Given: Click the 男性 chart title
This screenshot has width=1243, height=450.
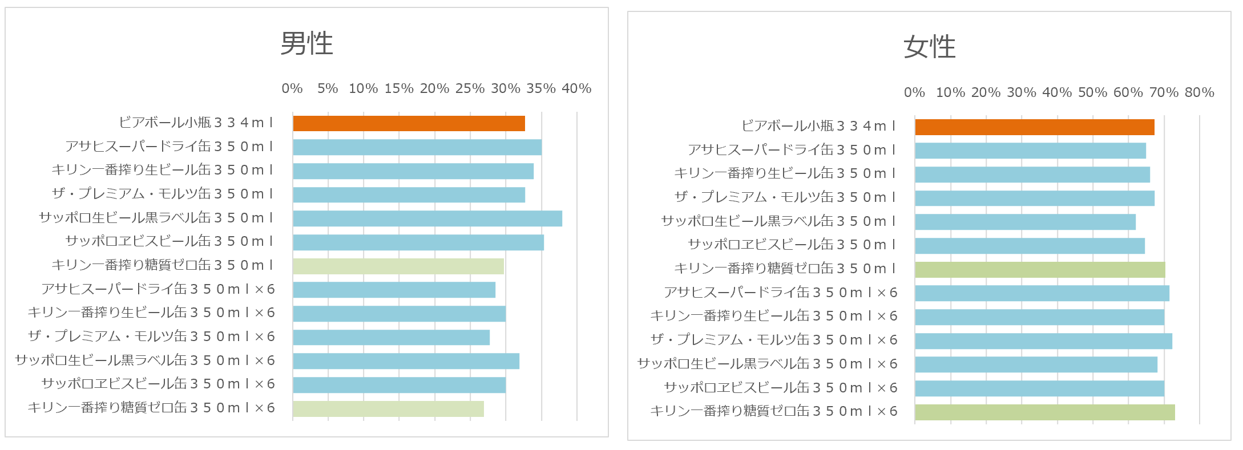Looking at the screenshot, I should (306, 43).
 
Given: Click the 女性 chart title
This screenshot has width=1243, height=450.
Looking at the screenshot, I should (929, 47).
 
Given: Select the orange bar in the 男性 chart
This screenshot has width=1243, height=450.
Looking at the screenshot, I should (409, 123).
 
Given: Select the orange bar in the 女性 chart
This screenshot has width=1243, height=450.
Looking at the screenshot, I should (1034, 127).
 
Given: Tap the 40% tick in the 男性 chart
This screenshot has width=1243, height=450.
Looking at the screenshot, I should (576, 88).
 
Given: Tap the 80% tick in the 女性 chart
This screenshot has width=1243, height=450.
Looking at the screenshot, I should (1199, 92).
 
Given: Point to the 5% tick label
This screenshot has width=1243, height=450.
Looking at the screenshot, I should (328, 88).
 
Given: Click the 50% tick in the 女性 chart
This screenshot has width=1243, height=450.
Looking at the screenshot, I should (1092, 92).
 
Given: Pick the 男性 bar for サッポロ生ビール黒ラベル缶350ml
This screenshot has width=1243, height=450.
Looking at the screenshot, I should (427, 218).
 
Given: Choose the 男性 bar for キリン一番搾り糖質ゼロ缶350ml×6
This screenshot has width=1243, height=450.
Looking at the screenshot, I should (388, 409).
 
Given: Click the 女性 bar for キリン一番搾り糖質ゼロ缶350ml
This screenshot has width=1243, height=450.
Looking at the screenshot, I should (1040, 270).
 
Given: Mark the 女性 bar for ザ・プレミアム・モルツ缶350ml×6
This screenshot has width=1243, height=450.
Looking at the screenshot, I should (1043, 341).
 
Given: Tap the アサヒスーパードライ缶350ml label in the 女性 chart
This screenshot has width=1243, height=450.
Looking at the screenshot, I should (791, 150).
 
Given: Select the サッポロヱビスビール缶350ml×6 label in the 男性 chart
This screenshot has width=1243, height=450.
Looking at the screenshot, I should (158, 384).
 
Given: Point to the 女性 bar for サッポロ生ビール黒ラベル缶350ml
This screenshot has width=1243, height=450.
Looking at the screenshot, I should (1025, 222).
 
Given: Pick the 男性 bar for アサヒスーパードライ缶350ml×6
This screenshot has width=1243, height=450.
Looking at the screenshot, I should (394, 290).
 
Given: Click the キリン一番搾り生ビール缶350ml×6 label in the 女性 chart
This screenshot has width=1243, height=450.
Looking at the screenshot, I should (774, 316).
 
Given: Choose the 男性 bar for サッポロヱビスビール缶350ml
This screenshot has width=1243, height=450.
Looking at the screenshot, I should (418, 242).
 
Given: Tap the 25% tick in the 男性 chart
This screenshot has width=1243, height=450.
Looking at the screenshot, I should (470, 88).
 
